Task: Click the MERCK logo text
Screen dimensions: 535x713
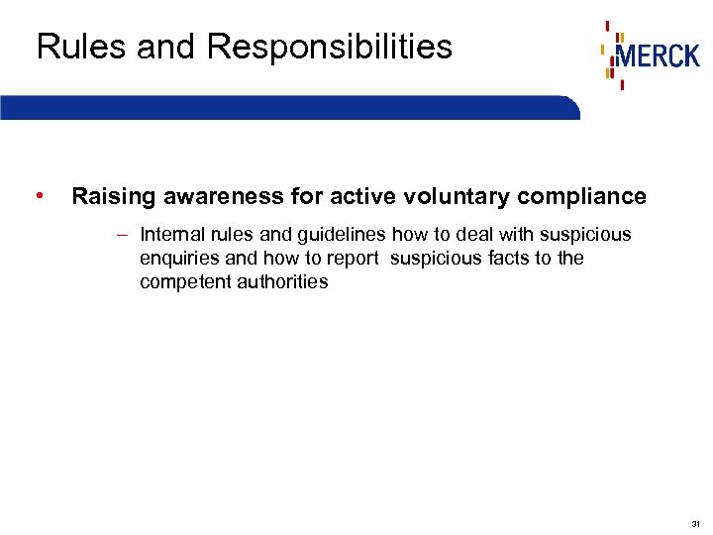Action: (658, 55)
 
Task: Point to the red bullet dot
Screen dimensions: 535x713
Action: (38, 195)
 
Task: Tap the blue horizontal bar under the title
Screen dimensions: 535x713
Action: (287, 107)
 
